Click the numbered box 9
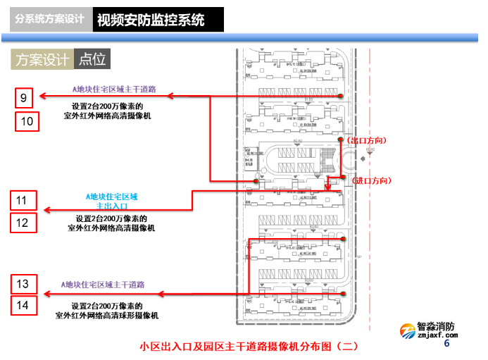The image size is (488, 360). click(23, 97)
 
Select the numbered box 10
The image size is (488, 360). click(27, 121)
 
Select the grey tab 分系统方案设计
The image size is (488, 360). click(50, 20)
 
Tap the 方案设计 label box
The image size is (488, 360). click(42, 60)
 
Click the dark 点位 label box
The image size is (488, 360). click(92, 60)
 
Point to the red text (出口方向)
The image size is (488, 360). click(369, 140)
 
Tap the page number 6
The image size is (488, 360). click(446, 344)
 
